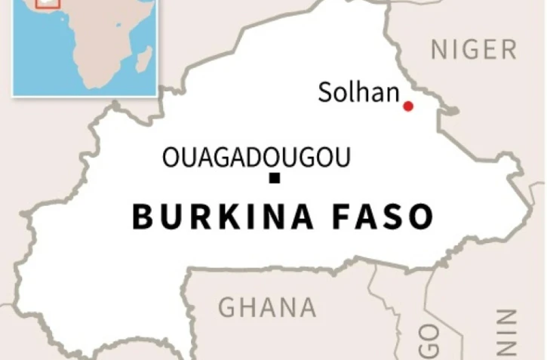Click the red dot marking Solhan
coord(408,106)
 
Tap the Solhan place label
coord(358,93)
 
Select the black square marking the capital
coord(275,179)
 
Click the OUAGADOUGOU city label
coord(257,158)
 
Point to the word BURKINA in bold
coord(223,217)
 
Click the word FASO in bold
coord(384,217)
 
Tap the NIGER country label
coord(474,50)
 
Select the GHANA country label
coord(267,307)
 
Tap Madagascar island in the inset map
coord(143,59)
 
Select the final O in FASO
coord(421,217)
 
